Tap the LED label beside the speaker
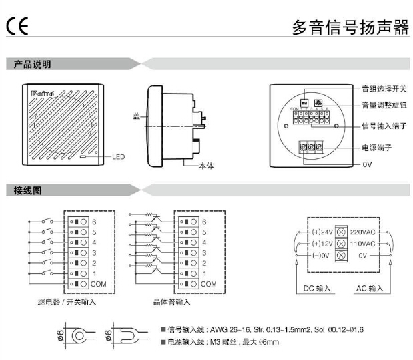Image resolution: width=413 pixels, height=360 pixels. click(x=118, y=158)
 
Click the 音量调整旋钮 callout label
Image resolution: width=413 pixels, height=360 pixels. click(x=384, y=105)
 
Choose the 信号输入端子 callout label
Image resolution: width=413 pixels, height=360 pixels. click(x=384, y=125)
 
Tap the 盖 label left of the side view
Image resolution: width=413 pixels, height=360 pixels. click(x=137, y=116)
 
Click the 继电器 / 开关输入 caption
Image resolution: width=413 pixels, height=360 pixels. click(x=67, y=302)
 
